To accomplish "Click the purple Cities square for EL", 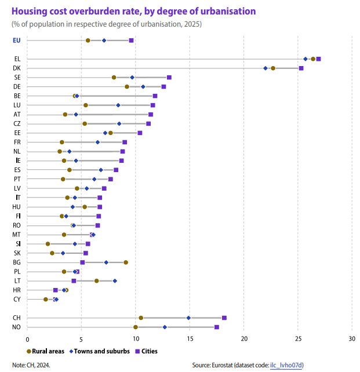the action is (x=318, y=59).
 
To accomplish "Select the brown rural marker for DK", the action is (x=273, y=68).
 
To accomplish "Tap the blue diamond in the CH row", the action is (x=188, y=318).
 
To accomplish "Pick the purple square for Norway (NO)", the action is (x=217, y=327).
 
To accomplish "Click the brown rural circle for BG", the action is (x=126, y=262).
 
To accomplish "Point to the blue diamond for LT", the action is (x=115, y=280).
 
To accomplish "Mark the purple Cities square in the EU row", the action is (x=131, y=41).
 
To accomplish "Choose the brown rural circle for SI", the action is (x=48, y=243).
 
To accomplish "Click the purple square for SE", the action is (x=169, y=77).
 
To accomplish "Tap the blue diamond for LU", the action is (x=118, y=105).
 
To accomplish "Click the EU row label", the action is (x=17, y=41).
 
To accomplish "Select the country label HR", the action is (x=17, y=290).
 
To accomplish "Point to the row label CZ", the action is (x=17, y=123).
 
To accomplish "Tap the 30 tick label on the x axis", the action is (x=352, y=339).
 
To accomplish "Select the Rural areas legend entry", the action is (x=45, y=351).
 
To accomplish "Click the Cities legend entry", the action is (x=146, y=351).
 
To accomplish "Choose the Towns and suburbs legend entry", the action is (x=100, y=351).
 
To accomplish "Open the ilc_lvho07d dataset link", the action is (x=286, y=365).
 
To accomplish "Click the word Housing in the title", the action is (x=30, y=12).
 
